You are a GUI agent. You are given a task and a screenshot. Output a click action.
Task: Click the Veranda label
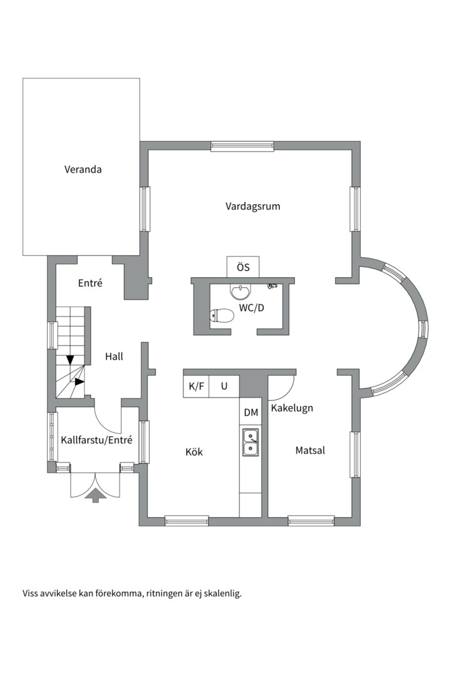pos(83,169)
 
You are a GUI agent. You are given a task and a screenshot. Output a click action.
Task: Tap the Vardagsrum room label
pos(252,206)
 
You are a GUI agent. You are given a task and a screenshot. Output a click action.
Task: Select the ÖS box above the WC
pos(244,267)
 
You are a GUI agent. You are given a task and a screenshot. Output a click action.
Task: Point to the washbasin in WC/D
pos(240,292)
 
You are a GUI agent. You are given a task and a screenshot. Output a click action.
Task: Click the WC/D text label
pos(251,308)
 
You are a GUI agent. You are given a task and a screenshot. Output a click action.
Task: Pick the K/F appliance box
pos(196,386)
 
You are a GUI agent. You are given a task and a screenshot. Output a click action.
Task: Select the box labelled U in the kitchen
pos(224,386)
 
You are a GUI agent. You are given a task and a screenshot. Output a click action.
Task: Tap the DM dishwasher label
pos(251,412)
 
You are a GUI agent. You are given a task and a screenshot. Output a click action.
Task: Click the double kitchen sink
pos(251,442)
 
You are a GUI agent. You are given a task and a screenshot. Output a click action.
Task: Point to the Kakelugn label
pos(292,408)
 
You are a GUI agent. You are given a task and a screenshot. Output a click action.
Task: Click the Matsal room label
pos(310,450)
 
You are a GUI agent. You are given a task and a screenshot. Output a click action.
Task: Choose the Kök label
pos(194,452)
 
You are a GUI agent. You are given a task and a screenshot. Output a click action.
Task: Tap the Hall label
pos(114,356)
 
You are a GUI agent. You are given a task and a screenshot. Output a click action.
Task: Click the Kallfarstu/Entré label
pos(96,441)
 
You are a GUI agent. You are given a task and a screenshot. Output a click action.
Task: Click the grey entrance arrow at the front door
pos(96,495)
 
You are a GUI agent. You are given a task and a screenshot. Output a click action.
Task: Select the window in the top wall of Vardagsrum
pos(242,146)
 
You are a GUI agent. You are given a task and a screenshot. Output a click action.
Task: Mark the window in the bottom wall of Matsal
pos(311,521)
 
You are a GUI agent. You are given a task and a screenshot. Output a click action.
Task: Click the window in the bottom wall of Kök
pos(187,521)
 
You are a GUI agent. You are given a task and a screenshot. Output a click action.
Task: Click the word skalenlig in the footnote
pos(222,594)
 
